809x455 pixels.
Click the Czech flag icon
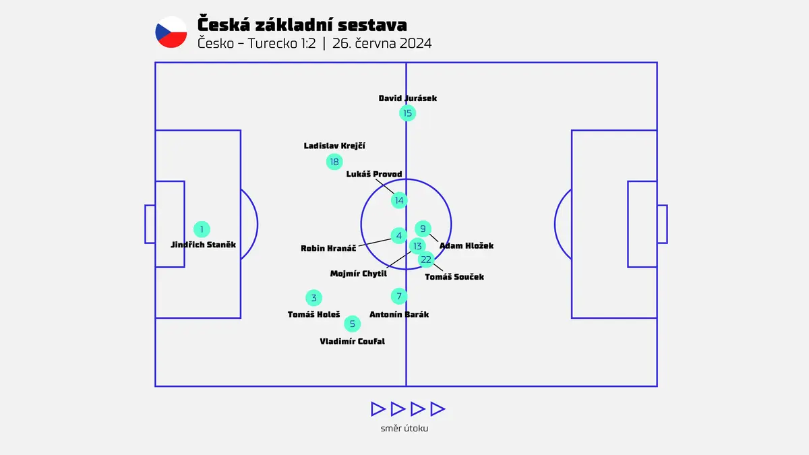pyautogui.click(x=171, y=32)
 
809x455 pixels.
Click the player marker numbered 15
pyautogui.click(x=407, y=113)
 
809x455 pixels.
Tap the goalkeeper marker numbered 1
pyautogui.click(x=202, y=229)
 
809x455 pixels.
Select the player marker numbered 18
pyautogui.click(x=334, y=162)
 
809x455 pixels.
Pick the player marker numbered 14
pyautogui.click(x=399, y=200)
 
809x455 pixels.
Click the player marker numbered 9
pyautogui.click(x=423, y=229)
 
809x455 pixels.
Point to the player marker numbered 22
pyautogui.click(x=426, y=260)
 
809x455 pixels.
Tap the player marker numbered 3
pyautogui.click(x=313, y=298)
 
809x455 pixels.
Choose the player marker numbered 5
pyautogui.click(x=352, y=324)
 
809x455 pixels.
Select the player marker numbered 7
pyautogui.click(x=399, y=296)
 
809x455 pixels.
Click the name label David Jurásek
pyautogui.click(x=408, y=98)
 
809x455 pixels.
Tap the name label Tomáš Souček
pyautogui.click(x=454, y=277)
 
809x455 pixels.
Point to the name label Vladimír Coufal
pyautogui.click(x=352, y=341)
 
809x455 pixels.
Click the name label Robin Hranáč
pyautogui.click(x=328, y=249)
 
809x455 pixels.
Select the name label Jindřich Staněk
pyautogui.click(x=203, y=245)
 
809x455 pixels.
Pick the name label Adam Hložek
pyautogui.click(x=467, y=246)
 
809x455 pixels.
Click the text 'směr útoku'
pyautogui.click(x=404, y=428)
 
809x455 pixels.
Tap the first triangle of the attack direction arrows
pyautogui.click(x=378, y=409)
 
